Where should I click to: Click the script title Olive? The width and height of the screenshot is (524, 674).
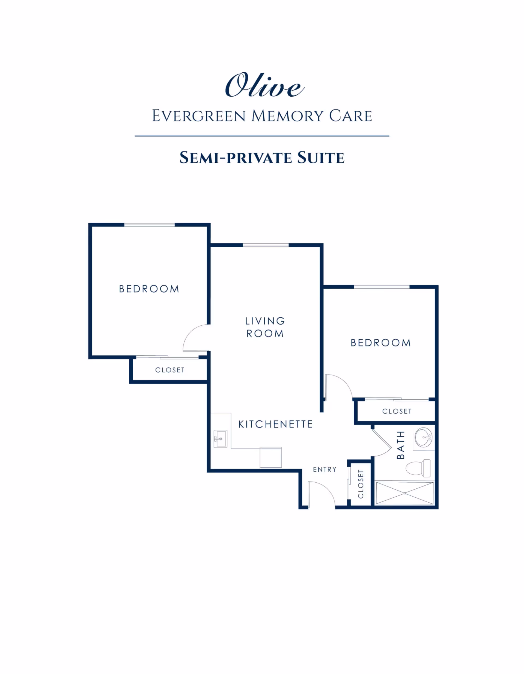264,85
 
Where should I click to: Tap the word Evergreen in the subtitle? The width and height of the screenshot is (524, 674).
199,116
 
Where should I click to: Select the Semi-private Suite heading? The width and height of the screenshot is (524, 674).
262,158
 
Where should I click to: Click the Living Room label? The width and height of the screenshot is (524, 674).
265,327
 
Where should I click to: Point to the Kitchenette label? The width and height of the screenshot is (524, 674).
276,424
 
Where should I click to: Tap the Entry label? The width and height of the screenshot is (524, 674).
325,469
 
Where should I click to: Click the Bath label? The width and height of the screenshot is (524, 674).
400,445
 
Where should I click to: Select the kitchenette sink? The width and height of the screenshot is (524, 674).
220,439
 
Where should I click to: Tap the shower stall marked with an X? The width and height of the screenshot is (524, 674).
404,493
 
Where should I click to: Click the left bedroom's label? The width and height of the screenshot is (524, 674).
149,289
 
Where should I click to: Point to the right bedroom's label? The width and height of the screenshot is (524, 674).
380,343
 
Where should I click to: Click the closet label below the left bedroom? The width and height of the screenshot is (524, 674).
170,370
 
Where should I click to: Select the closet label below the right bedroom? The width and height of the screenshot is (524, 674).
397,411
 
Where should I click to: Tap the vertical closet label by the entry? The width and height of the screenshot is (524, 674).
361,484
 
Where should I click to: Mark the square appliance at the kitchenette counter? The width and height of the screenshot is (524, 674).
270,457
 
